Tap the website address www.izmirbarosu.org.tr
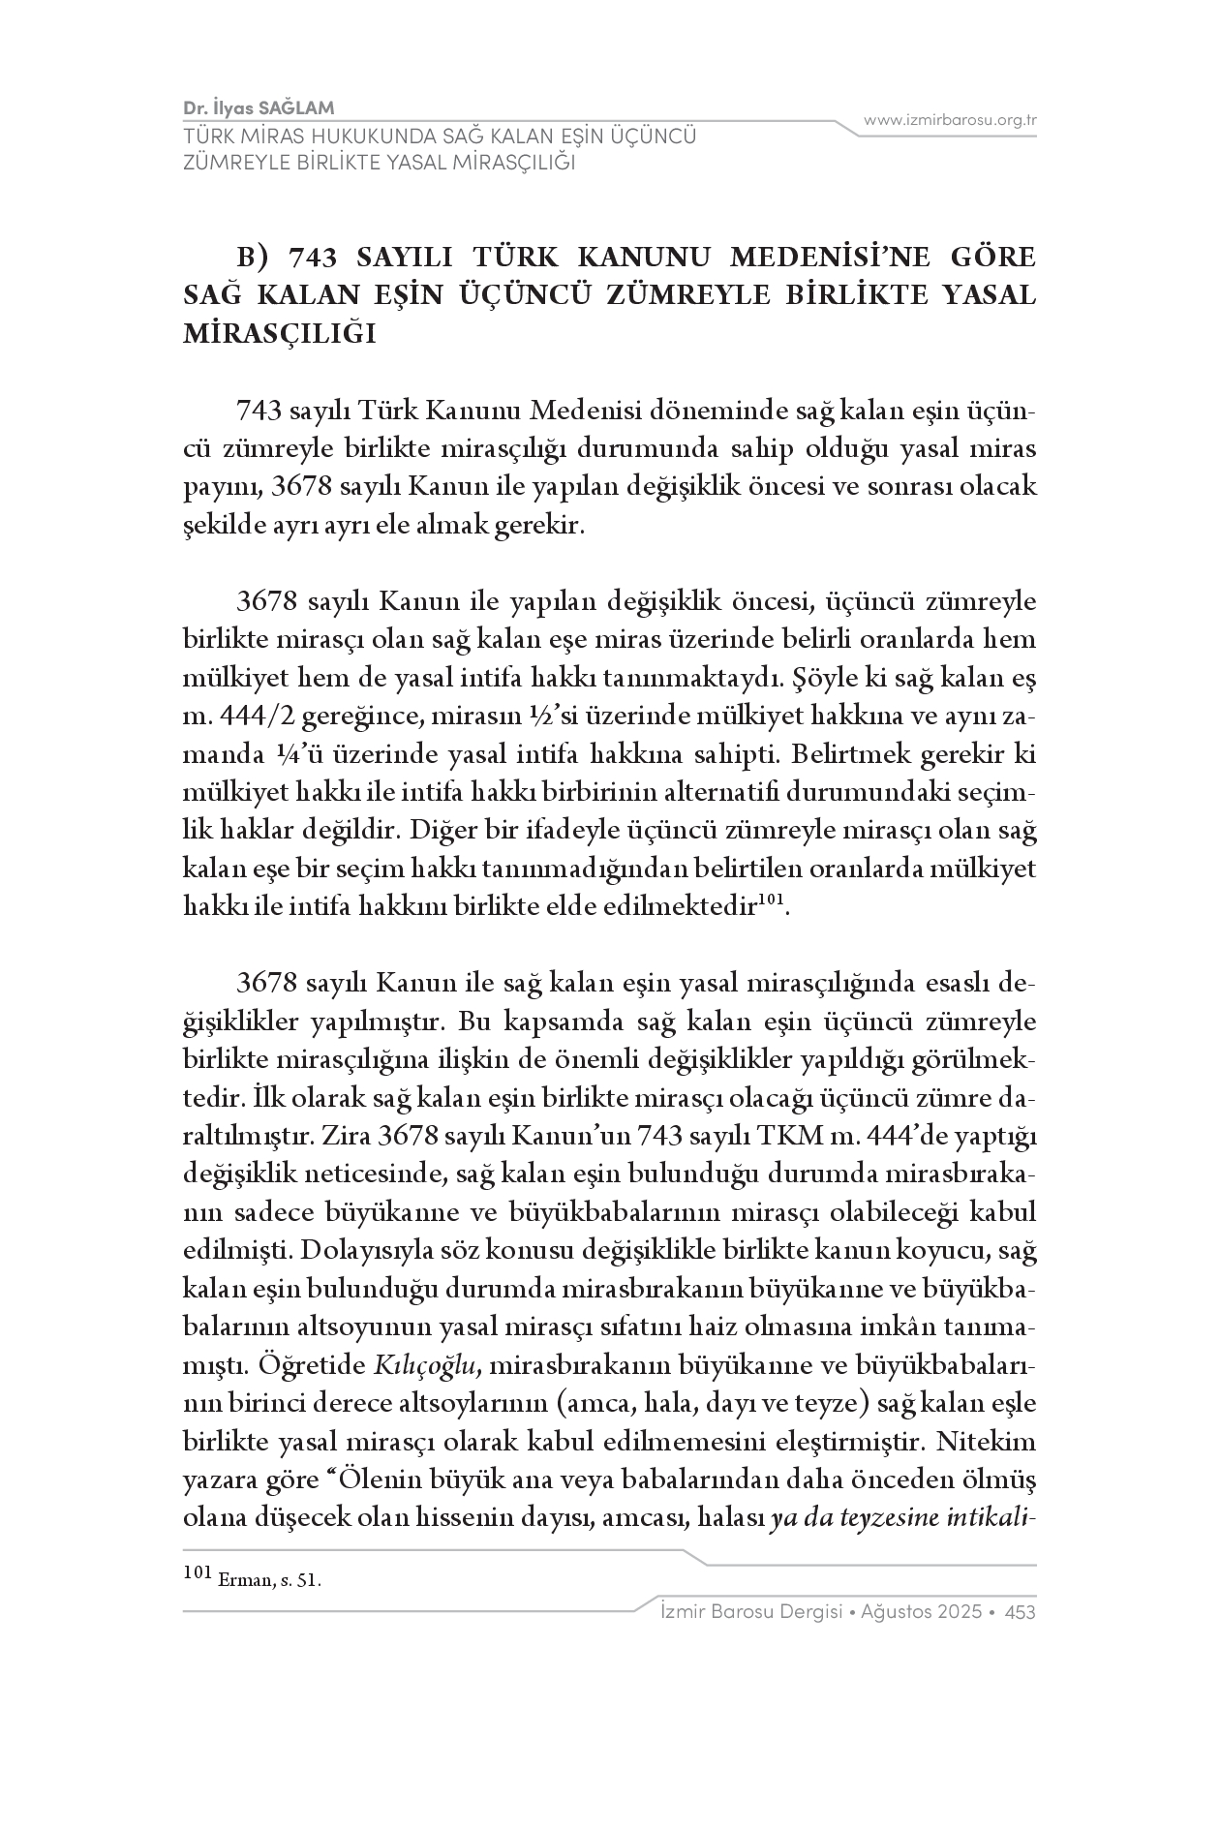point(950,120)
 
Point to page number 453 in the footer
point(1021,1612)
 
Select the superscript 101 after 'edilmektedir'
point(769,900)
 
